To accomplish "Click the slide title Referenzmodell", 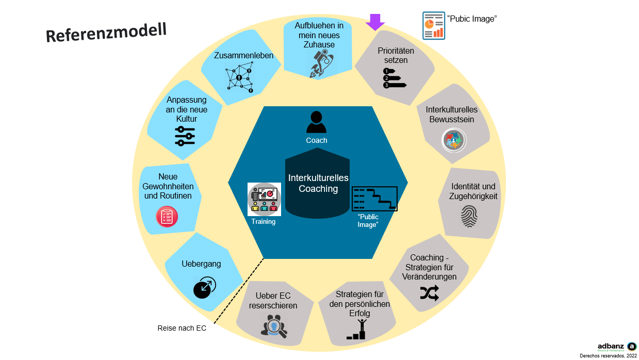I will [106, 32].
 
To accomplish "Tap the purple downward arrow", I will [375, 22].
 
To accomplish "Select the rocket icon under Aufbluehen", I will [321, 64].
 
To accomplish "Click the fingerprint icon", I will [469, 217].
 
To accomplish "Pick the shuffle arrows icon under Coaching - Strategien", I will [429, 293].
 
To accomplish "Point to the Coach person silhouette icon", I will [316, 123].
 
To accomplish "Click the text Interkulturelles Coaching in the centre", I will [318, 183].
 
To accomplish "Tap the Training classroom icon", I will [264, 199].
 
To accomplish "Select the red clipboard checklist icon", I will [167, 216].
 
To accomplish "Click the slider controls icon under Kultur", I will [185, 136].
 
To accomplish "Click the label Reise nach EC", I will [182, 328].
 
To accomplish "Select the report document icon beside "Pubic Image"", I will [434, 26].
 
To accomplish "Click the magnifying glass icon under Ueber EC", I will [274, 325].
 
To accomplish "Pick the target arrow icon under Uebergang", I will [204, 287].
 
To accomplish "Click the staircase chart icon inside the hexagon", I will [374, 198].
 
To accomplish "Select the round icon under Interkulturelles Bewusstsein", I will [454, 140].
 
